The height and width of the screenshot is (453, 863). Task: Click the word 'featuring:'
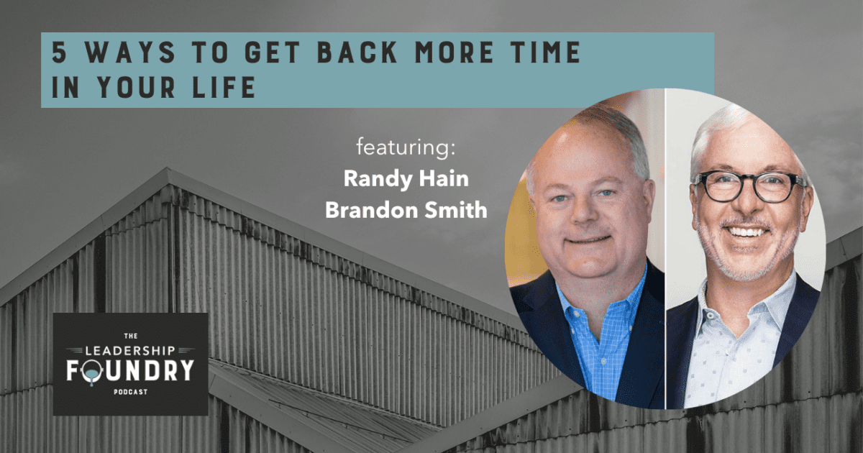[x=407, y=149]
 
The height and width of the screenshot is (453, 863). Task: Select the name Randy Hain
[x=407, y=179]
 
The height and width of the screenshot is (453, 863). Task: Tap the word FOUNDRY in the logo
[x=130, y=371]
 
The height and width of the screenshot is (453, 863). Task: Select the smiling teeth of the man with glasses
[x=749, y=232]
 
